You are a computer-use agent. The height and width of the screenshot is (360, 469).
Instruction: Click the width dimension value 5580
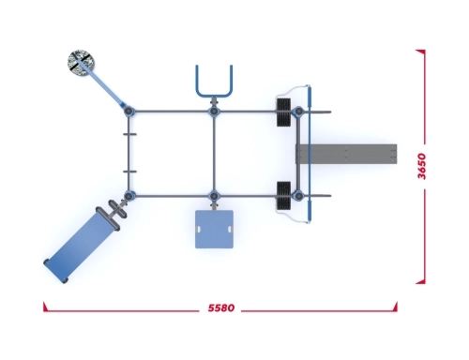[x=221, y=308]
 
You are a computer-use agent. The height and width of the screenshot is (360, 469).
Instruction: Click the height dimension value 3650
[x=422, y=166]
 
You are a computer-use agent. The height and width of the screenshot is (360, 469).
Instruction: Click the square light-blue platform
[x=214, y=229]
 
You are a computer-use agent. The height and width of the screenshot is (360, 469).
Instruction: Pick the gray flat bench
[x=346, y=154]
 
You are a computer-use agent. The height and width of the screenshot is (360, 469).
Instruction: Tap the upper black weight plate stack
[x=283, y=112]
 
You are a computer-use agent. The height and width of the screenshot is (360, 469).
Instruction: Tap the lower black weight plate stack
[x=283, y=195]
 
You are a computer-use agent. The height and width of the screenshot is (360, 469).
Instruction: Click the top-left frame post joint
[x=129, y=111]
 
